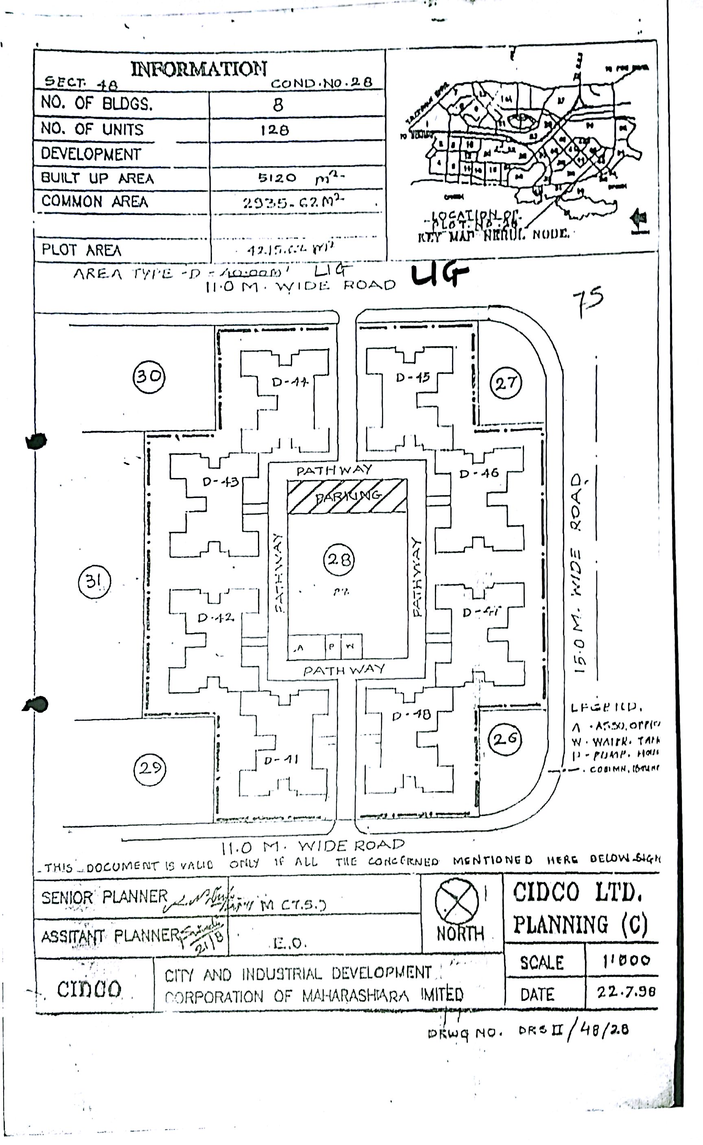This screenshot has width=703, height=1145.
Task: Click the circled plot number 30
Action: click(149, 376)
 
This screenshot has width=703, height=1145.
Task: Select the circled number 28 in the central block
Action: click(338, 560)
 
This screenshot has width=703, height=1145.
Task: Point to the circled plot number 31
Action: click(94, 581)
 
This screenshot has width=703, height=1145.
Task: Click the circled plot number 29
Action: click(150, 768)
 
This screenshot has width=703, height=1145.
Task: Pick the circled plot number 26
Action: click(505, 739)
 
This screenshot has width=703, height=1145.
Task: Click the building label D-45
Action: click(413, 377)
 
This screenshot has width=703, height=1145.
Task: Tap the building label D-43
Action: click(221, 482)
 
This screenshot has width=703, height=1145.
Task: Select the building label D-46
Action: click(479, 474)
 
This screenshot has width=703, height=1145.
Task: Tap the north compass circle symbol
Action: click(457, 901)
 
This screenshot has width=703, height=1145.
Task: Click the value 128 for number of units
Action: click(274, 129)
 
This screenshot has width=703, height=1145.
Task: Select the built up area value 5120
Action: click(277, 178)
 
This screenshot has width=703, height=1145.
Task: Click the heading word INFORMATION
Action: click(199, 69)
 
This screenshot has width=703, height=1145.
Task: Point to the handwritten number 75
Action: click(588, 300)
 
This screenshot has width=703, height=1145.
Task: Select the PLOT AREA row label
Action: click(81, 250)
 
